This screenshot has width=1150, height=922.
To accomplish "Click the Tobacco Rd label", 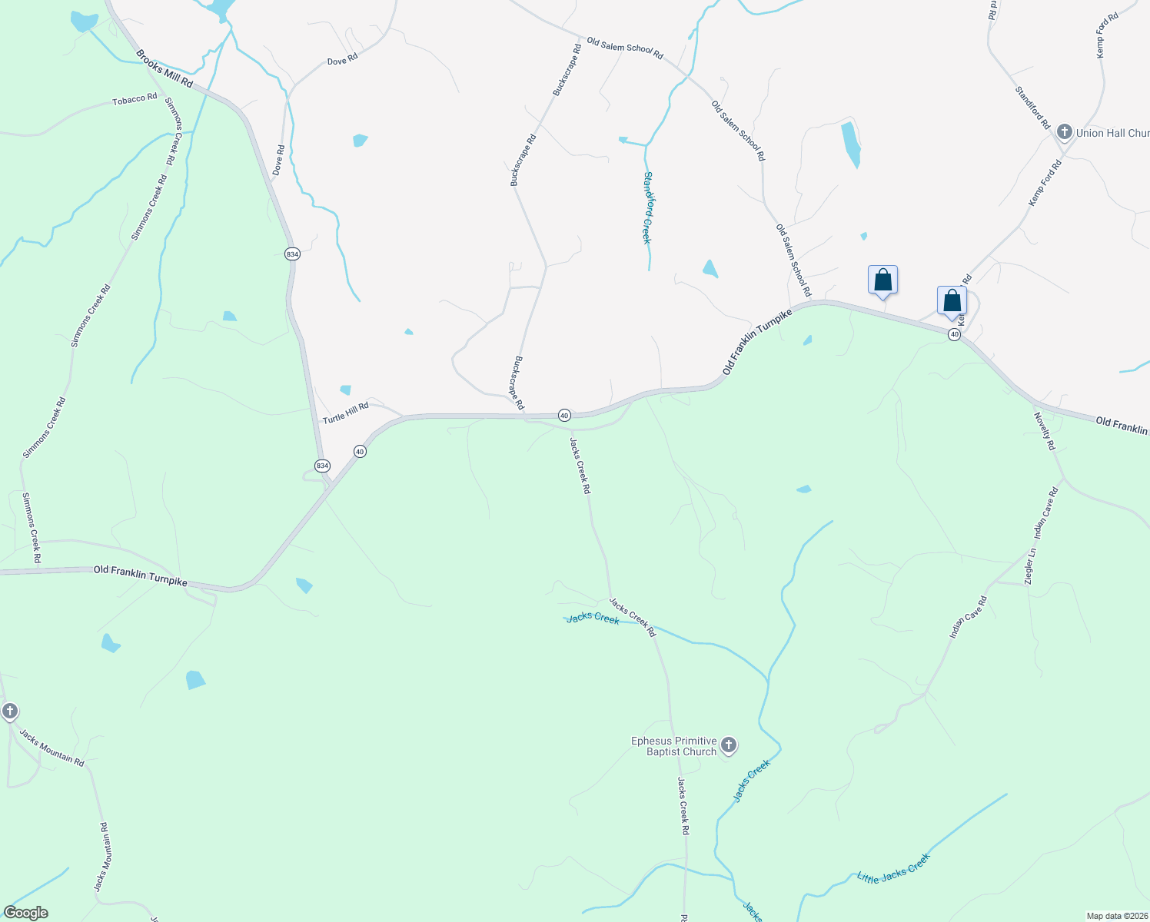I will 135,100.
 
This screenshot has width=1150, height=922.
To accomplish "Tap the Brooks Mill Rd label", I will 165,69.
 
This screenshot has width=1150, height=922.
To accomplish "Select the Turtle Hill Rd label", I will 346,413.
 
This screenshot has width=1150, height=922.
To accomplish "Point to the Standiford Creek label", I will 647,207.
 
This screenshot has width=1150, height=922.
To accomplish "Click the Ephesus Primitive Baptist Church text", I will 674,746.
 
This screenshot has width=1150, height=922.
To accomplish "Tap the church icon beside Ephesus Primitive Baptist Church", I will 728,745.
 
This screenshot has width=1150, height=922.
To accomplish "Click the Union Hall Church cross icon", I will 1065,132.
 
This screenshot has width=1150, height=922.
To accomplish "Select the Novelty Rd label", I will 1045,431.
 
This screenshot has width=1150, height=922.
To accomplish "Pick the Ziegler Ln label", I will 1031,566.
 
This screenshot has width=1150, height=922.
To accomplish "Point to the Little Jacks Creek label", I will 894,868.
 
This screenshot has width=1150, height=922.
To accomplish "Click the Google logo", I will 26,913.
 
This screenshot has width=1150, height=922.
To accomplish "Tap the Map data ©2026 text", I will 1115,916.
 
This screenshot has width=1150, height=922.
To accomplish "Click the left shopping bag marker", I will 882,280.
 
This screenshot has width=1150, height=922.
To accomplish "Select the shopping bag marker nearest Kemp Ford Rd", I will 952,300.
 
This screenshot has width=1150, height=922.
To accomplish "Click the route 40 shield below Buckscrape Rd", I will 564,415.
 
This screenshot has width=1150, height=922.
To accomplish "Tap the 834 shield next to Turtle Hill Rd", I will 322,466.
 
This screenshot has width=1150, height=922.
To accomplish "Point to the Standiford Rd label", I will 1032,108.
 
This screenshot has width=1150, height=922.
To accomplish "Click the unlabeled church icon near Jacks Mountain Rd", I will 9,711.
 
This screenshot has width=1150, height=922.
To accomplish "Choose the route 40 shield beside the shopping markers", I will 954,334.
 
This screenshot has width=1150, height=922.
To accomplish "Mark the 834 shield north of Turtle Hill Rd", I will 292,254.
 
